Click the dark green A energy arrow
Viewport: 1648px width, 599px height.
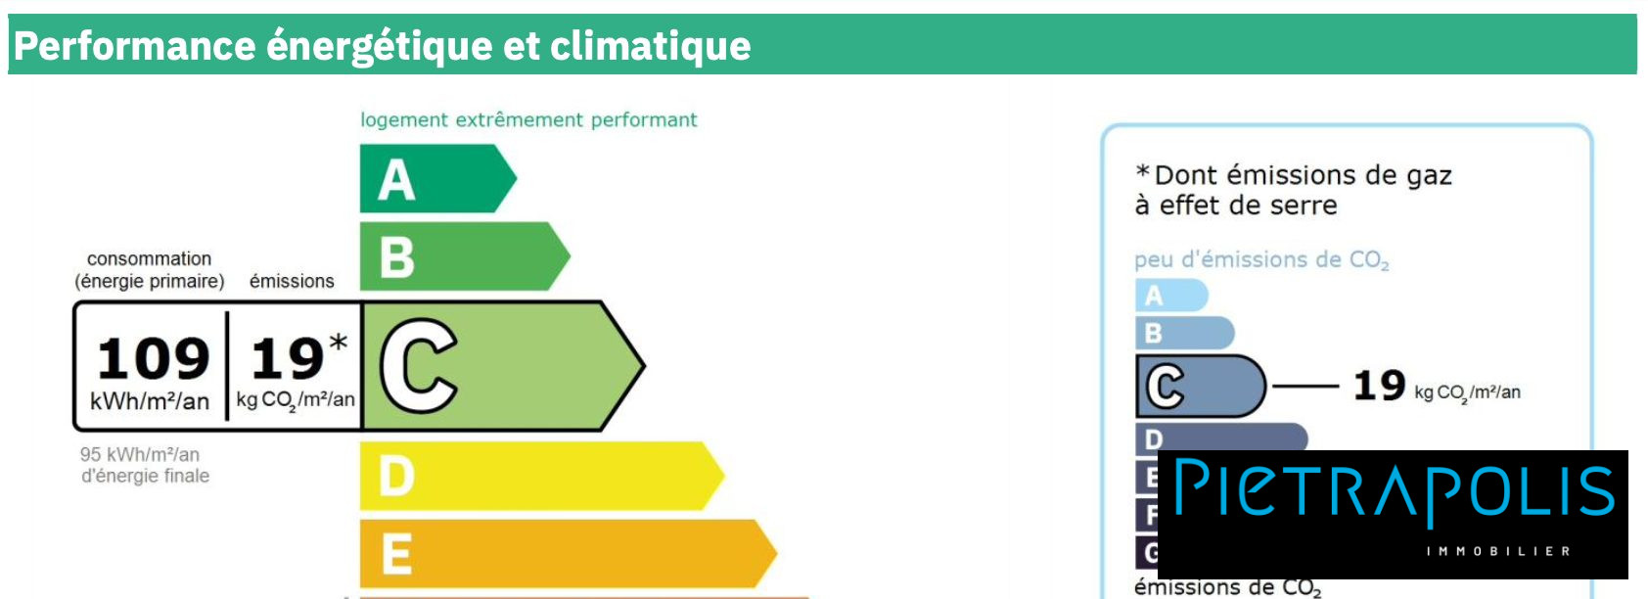437,178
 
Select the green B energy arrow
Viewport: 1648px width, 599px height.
465,256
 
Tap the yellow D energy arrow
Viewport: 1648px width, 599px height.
542,476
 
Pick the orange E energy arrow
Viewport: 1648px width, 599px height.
568,553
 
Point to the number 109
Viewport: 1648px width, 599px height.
153,358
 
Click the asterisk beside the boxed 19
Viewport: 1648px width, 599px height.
339,343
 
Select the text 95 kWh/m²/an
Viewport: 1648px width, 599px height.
140,454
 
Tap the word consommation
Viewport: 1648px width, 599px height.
150,258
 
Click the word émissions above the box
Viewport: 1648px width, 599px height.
292,280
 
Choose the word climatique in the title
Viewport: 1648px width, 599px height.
651,46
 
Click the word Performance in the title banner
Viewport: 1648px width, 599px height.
135,46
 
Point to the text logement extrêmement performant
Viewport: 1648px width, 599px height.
528,120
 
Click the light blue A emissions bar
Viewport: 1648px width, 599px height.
1171,295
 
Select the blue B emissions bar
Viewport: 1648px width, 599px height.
1184,334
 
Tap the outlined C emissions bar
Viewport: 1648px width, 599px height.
1201,387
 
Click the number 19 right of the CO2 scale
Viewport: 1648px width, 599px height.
1380,386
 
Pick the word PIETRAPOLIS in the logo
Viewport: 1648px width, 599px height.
1394,488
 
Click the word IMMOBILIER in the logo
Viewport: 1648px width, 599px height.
1498,551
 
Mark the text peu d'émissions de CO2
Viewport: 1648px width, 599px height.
1261,259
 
